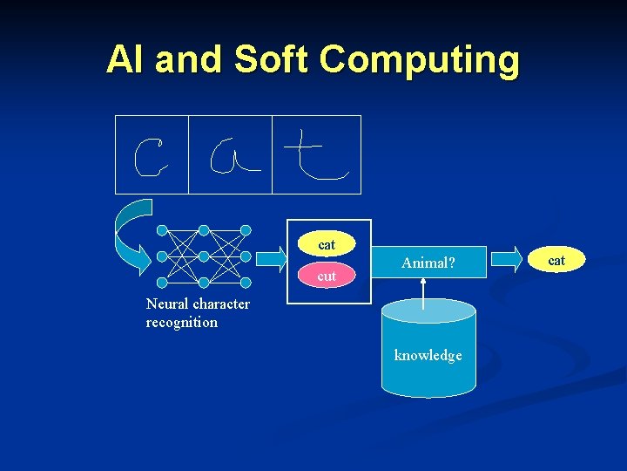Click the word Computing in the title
(420, 61)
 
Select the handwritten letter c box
(152, 154)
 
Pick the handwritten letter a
(230, 154)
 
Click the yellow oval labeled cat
(327, 245)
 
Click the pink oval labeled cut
(327, 276)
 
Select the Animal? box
(428, 262)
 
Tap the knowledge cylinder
(428, 348)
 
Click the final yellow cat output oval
(556, 260)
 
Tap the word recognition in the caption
(182, 323)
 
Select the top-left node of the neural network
(161, 230)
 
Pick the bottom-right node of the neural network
(246, 283)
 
